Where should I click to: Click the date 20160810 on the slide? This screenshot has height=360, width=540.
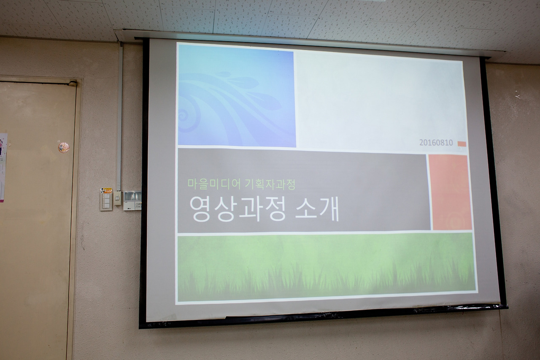click(436, 143)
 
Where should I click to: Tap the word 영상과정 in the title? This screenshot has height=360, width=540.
click(238, 209)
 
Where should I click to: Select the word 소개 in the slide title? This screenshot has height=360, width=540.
click(317, 209)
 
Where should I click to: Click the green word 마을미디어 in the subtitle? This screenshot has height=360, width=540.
click(214, 184)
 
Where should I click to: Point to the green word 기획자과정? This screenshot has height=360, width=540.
click(270, 185)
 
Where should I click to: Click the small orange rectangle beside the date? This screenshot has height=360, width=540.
click(462, 144)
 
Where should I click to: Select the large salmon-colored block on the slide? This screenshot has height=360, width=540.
click(450, 192)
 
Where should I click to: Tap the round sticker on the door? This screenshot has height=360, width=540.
click(63, 148)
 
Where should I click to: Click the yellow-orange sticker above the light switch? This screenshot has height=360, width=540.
click(106, 190)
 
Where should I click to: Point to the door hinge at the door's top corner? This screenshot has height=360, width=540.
click(73, 84)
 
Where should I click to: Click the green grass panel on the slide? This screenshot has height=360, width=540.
click(327, 268)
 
